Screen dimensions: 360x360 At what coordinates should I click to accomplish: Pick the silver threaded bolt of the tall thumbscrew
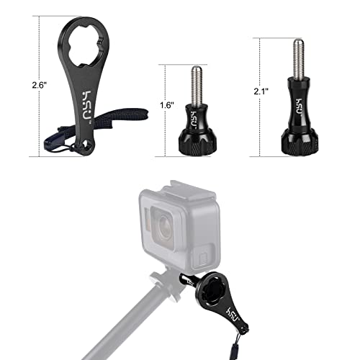297,60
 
